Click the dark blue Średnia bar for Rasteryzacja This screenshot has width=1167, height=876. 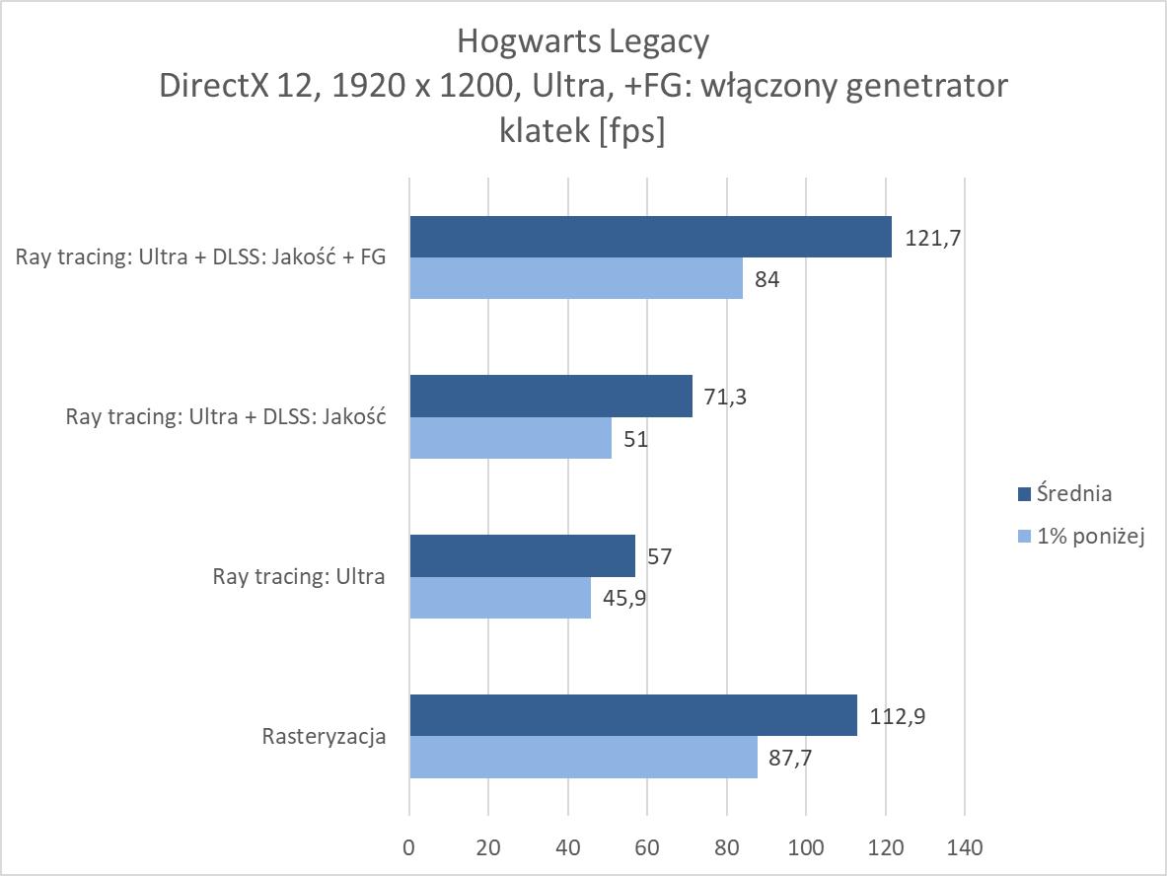[x=632, y=715]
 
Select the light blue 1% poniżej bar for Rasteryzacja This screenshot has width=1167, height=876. [x=583, y=757]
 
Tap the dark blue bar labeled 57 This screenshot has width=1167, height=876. [x=522, y=555]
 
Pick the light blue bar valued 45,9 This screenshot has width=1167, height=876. [x=500, y=598]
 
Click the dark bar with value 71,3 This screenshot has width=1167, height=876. [x=550, y=396]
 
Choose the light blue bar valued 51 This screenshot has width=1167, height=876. [x=510, y=437]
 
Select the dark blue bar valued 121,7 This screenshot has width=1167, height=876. [x=650, y=237]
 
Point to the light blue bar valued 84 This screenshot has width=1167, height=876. [x=576, y=278]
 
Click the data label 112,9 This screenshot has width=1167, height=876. [x=897, y=716]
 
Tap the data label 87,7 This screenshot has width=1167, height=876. [x=792, y=758]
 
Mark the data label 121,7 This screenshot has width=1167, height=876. [x=932, y=238]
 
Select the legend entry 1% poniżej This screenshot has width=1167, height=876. [x=1088, y=537]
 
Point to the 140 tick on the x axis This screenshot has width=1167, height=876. [x=964, y=847]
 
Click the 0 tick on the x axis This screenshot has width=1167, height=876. [x=409, y=847]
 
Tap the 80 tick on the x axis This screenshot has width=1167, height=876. [x=726, y=847]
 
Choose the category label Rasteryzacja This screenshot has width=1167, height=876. [x=324, y=736]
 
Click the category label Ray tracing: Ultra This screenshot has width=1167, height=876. [x=298, y=576]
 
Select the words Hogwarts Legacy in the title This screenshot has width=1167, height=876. [x=582, y=41]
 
